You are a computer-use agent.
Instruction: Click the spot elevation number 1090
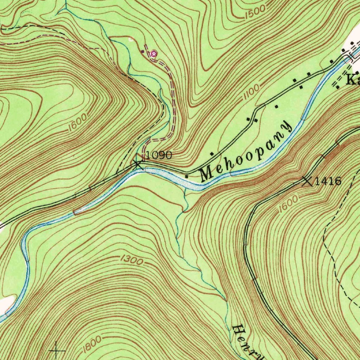pyautogui.click(x=159, y=155)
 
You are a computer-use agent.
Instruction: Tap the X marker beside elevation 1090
pyautogui.click(x=137, y=163)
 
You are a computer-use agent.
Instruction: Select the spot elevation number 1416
pyautogui.click(x=328, y=181)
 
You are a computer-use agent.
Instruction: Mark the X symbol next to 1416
pyautogui.click(x=307, y=181)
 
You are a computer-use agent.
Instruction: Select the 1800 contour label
pyautogui.click(x=92, y=345)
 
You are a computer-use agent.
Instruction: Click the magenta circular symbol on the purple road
pyautogui.click(x=153, y=54)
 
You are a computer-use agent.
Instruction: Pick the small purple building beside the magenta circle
pyautogui.click(x=142, y=52)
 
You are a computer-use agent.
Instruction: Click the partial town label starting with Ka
pyautogui.click(x=353, y=81)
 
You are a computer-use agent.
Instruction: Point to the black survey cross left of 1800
pyautogui.click(x=56, y=351)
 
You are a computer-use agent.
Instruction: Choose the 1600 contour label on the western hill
pyautogui.click(x=77, y=124)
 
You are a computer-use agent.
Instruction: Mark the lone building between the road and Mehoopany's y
pyautogui.click(x=276, y=106)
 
